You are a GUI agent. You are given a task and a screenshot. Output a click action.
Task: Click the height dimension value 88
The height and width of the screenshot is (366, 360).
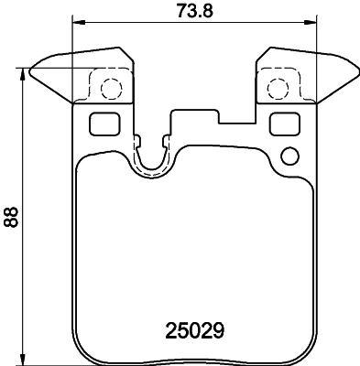coord(12,216)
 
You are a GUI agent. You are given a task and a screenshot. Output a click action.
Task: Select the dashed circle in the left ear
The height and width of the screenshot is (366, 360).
coord(110,89)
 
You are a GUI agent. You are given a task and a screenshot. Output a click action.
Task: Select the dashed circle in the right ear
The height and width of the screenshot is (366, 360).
coord(278,89)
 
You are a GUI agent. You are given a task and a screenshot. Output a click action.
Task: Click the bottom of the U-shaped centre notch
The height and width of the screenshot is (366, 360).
coord(151,174)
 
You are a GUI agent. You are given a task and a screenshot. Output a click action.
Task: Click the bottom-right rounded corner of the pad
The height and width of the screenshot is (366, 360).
coord(307,352)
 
